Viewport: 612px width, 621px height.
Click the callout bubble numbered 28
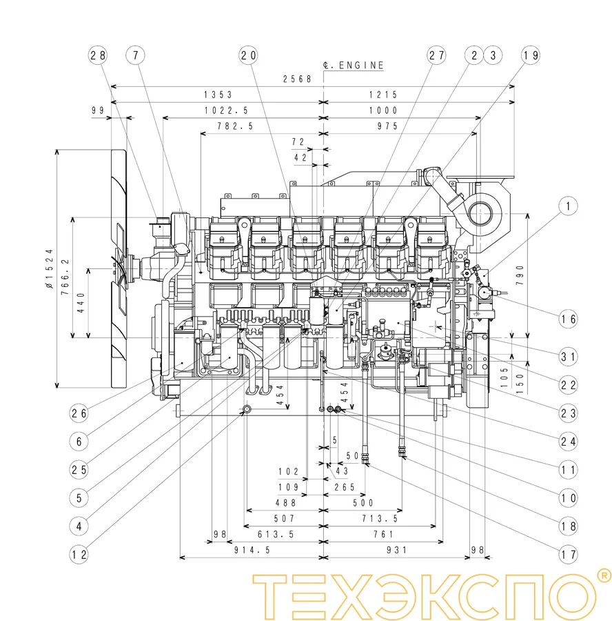pos(98,55)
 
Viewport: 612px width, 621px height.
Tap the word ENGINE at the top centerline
pos(361,66)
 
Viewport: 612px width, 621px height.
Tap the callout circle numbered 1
pos(569,206)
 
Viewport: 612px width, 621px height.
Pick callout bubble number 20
pos(248,55)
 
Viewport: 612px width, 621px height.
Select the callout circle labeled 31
pos(569,357)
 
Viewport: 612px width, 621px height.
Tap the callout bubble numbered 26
pos(79,414)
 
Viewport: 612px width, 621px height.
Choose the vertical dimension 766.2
pos(65,277)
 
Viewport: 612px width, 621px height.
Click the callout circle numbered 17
pos(569,553)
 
